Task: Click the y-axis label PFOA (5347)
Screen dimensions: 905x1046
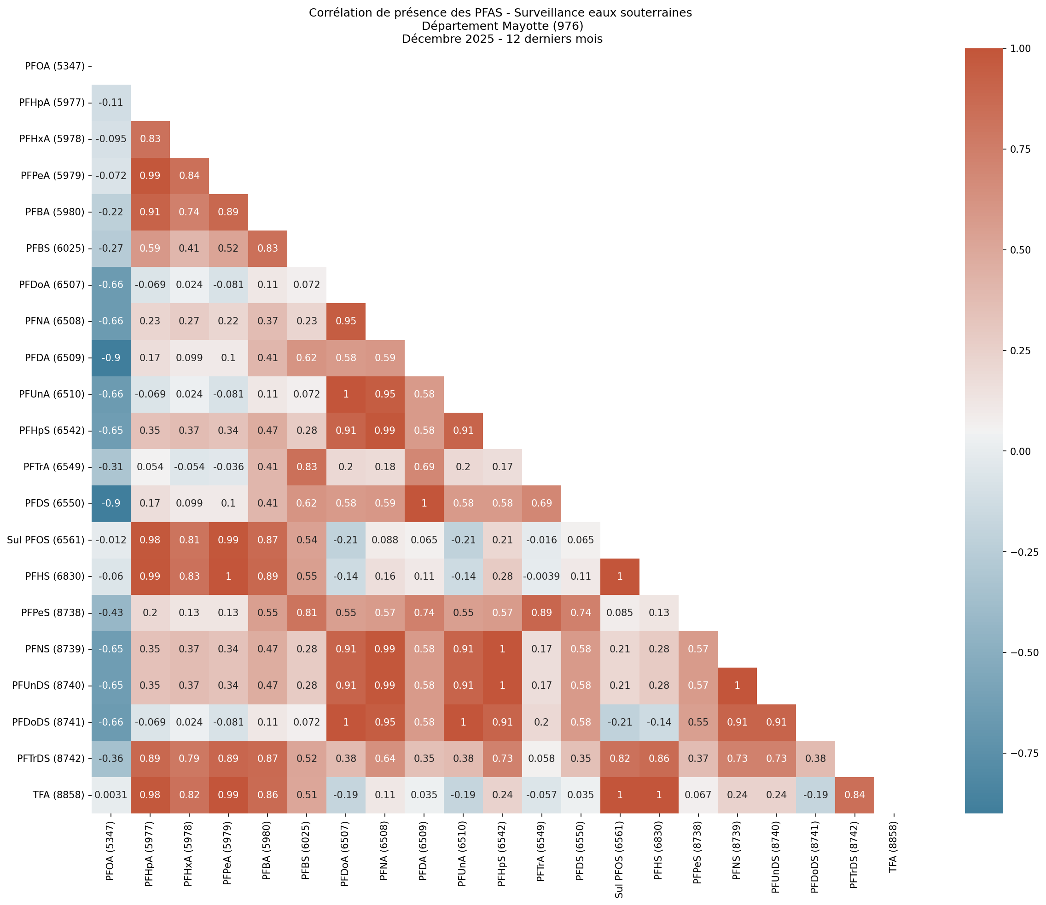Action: pyautogui.click(x=55, y=66)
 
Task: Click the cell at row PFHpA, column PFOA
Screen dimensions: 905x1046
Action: pyautogui.click(x=111, y=103)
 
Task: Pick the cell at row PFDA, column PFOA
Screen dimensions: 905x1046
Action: pyautogui.click(x=111, y=357)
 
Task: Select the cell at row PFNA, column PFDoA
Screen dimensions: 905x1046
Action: pyautogui.click(x=346, y=321)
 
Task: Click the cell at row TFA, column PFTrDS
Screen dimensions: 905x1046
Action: pyautogui.click(x=854, y=795)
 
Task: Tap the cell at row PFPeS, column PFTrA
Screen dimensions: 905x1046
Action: pyautogui.click(x=541, y=612)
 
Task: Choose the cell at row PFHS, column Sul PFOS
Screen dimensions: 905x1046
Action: pyautogui.click(x=620, y=576)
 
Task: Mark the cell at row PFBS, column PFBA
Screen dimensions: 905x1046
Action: pyautogui.click(x=267, y=248)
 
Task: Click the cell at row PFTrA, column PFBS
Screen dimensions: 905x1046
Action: pyautogui.click(x=306, y=467)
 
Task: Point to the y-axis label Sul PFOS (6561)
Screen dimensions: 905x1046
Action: pyautogui.click(x=46, y=540)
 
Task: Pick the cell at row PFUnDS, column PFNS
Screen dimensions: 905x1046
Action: pyautogui.click(x=737, y=686)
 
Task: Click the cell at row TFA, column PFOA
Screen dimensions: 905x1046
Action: pyautogui.click(x=111, y=795)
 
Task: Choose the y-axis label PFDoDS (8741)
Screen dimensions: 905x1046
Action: pyautogui.click(x=48, y=722)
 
